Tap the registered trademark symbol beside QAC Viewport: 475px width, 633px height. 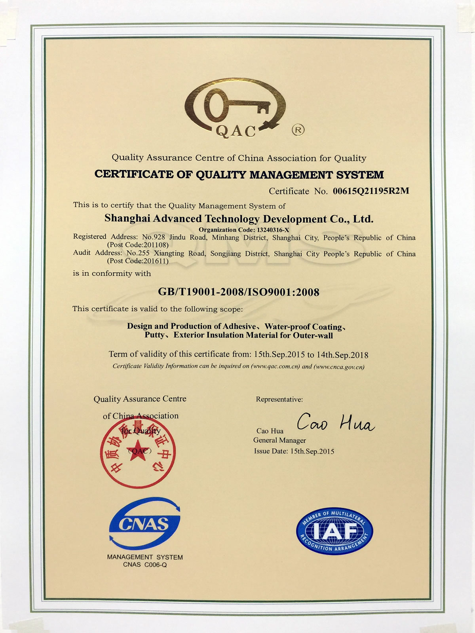[x=298, y=129]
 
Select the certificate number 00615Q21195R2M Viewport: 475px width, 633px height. [x=370, y=191]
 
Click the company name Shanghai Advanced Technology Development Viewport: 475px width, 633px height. [x=238, y=218]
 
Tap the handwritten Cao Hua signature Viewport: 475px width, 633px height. [x=335, y=424]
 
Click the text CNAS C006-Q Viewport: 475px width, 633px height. [x=145, y=565]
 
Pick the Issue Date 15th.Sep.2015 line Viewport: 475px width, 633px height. [x=294, y=451]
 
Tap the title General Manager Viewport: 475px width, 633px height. [x=279, y=440]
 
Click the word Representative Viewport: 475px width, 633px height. [x=279, y=399]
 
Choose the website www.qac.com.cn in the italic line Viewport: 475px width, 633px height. [x=275, y=366]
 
